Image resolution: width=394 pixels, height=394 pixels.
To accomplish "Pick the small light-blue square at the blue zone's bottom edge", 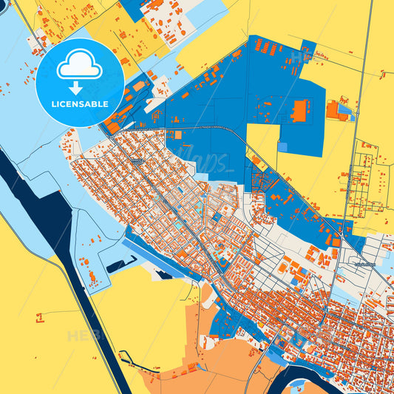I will pos(282,147).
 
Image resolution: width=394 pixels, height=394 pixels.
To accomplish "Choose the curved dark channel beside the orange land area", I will pos(126,362).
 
